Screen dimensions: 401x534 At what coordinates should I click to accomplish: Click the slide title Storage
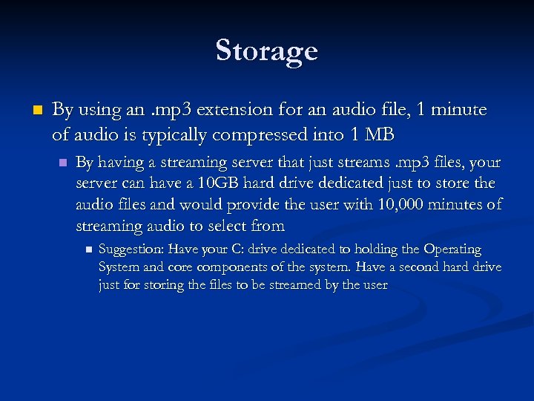click(267, 50)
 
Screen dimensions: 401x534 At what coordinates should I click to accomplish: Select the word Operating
click(452, 250)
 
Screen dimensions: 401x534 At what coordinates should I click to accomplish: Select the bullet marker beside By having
click(62, 162)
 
